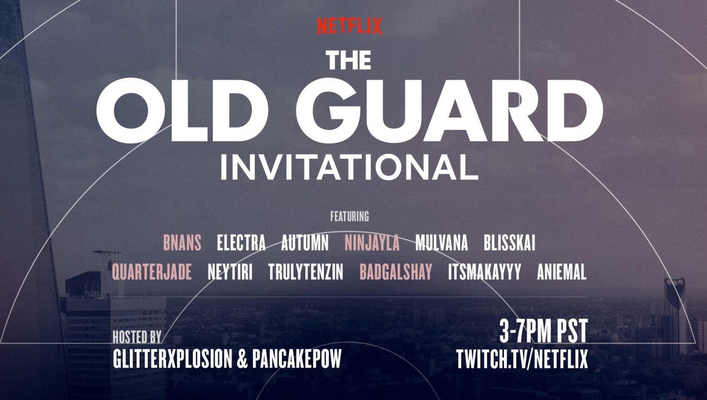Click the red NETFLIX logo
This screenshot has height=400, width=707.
pos(350,26)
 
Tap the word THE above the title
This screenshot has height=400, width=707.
pos(349,60)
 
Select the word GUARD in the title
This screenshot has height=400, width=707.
pos(450,110)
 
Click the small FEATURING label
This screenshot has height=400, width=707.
pos(350,216)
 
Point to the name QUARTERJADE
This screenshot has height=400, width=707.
pos(152,272)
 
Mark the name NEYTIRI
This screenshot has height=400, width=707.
pos(230,272)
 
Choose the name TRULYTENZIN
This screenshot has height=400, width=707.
pos(306,272)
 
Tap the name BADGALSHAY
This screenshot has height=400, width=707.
pos(396,272)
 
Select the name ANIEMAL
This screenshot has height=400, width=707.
pos(562,272)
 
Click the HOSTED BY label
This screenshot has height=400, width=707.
pos(137,337)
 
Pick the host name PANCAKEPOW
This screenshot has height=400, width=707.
pos(297,358)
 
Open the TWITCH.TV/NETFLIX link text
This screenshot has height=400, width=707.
pos(522,359)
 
